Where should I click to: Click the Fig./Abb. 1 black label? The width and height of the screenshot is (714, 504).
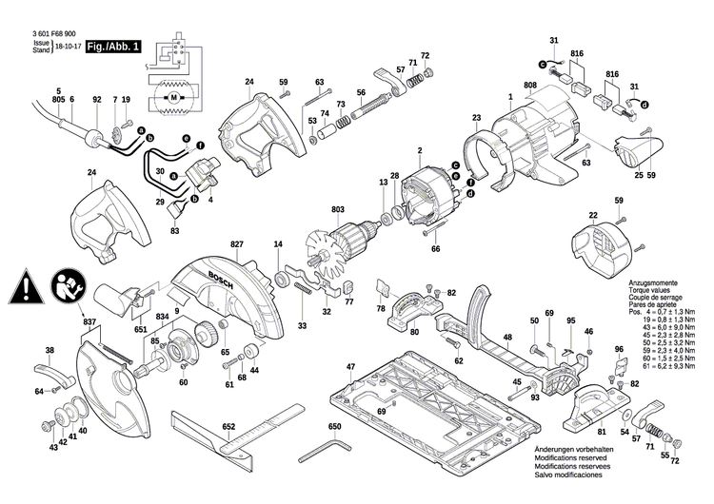pyautogui.click(x=113, y=46)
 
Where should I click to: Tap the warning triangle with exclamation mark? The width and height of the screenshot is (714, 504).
pyautogui.click(x=26, y=284)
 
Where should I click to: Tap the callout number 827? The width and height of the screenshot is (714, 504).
pyautogui.click(x=236, y=243)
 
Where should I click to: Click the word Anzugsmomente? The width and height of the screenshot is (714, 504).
pyautogui.click(x=654, y=283)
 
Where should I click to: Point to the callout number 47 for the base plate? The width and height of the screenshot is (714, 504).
pyautogui.click(x=350, y=366)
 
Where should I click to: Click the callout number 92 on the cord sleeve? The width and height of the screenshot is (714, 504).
pyautogui.click(x=96, y=100)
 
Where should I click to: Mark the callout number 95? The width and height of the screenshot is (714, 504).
pyautogui.click(x=570, y=321)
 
